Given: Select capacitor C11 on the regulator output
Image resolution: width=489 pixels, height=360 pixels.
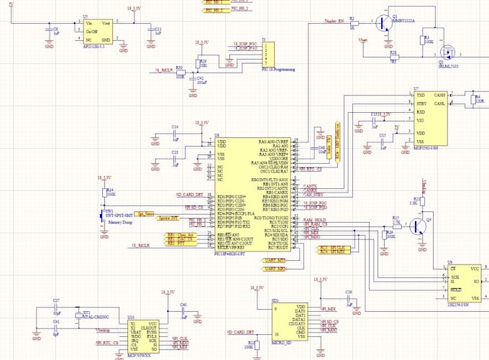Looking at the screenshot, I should point(150,30).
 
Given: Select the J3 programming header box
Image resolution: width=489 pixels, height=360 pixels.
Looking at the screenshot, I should point(267,53).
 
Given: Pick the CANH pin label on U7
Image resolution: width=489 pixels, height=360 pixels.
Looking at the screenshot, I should point(440,96).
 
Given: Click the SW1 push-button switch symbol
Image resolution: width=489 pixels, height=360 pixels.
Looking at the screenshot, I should point(102,214).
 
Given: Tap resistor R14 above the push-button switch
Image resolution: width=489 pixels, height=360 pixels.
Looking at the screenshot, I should point(107,193).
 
